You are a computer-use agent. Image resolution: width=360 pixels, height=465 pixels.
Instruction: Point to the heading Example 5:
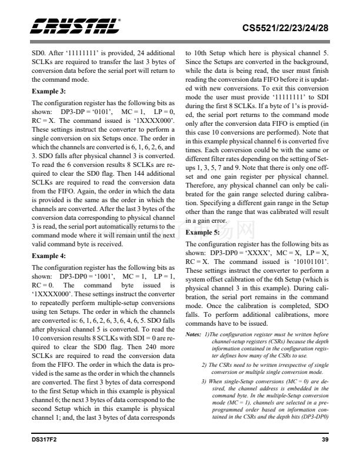click(x=203, y=232)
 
